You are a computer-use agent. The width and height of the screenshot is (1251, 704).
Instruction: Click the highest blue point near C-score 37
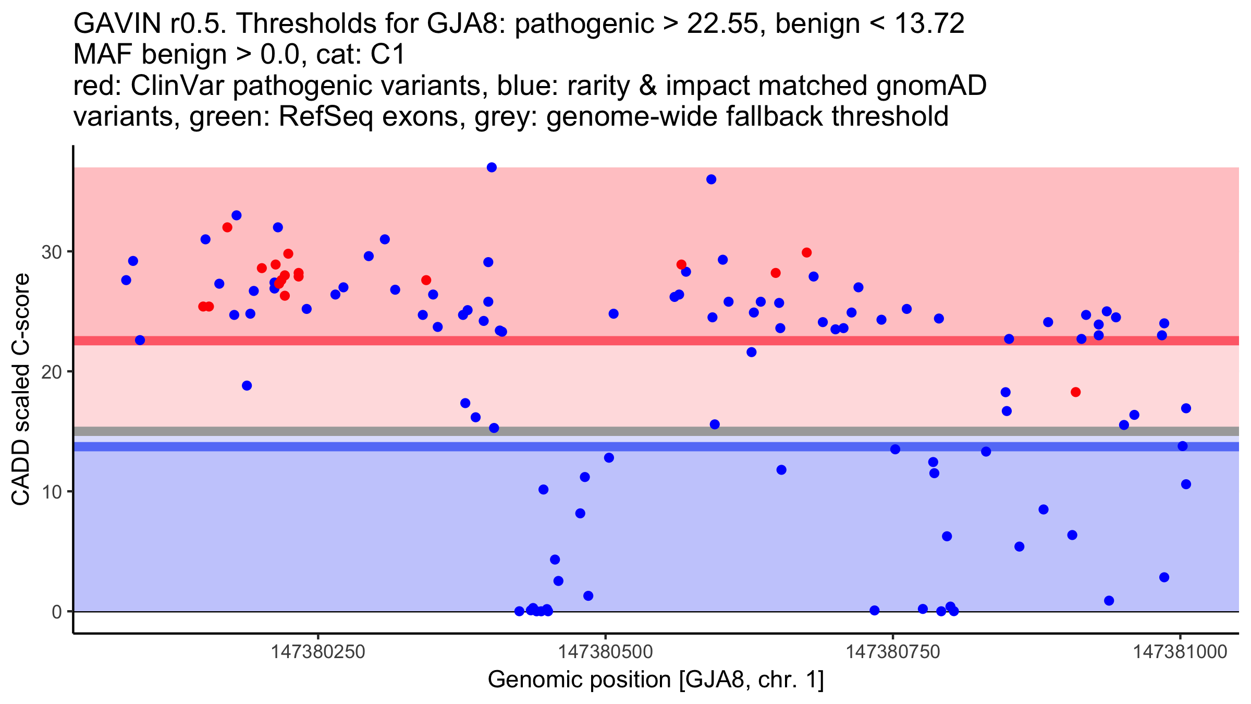[492, 167]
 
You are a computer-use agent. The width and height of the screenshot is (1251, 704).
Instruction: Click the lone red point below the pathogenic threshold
[1075, 392]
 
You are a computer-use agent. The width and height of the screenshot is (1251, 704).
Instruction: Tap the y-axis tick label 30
[51, 252]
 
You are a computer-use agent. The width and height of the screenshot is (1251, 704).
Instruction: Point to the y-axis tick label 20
[51, 372]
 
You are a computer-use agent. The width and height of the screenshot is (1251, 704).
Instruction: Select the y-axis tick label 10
[51, 492]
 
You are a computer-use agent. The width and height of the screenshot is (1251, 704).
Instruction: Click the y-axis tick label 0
[56, 612]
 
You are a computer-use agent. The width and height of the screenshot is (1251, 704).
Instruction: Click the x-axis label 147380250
[318, 652]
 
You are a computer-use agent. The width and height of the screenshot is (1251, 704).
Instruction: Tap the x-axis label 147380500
[605, 652]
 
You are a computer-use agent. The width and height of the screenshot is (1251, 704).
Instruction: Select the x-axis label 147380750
[893, 652]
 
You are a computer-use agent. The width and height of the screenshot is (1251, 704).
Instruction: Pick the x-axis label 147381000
[1181, 652]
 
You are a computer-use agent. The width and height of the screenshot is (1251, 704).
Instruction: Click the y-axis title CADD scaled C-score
[21, 390]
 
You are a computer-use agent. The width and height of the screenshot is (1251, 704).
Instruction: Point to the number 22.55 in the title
[722, 23]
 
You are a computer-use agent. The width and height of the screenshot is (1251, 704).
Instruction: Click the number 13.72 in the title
[929, 23]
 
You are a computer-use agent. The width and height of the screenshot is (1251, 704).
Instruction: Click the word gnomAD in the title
[931, 86]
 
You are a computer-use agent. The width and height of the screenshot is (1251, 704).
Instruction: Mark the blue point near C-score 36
[711, 179]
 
